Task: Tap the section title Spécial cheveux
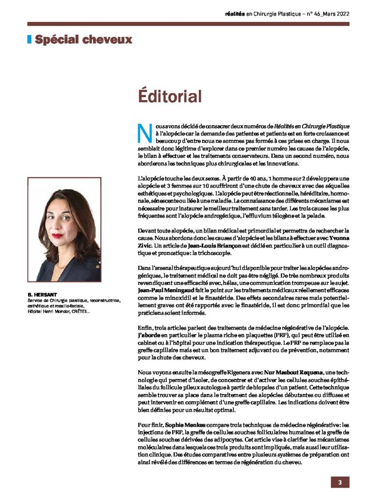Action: click(83, 39)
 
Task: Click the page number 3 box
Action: click(340, 482)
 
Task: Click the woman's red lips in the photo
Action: click(58, 236)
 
